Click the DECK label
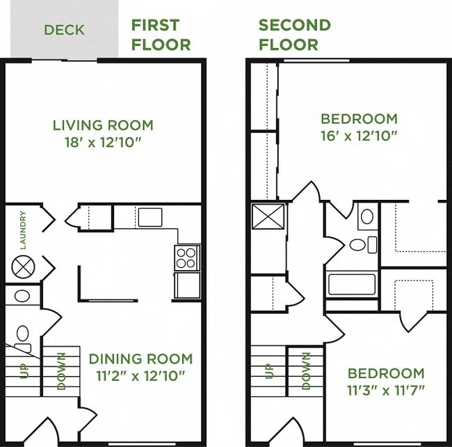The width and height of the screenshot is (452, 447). [x=64, y=30]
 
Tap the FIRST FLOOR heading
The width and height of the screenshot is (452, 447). [x=161, y=35]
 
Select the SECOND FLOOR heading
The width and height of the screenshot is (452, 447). [x=294, y=35]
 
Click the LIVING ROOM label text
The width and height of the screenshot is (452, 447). [x=103, y=125]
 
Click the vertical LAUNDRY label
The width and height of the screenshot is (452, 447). [x=23, y=230]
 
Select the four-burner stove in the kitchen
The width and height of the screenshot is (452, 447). [x=187, y=258]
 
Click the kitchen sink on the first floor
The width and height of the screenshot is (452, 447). [x=150, y=217]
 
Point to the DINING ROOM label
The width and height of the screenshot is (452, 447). [x=140, y=359]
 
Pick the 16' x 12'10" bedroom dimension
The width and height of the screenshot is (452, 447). [x=359, y=135]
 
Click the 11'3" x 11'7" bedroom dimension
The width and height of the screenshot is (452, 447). [x=387, y=389]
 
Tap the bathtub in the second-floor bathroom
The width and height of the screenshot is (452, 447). [x=352, y=284]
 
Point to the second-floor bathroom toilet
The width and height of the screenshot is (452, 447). [x=362, y=244]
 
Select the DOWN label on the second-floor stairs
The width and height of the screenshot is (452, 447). [x=306, y=370]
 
